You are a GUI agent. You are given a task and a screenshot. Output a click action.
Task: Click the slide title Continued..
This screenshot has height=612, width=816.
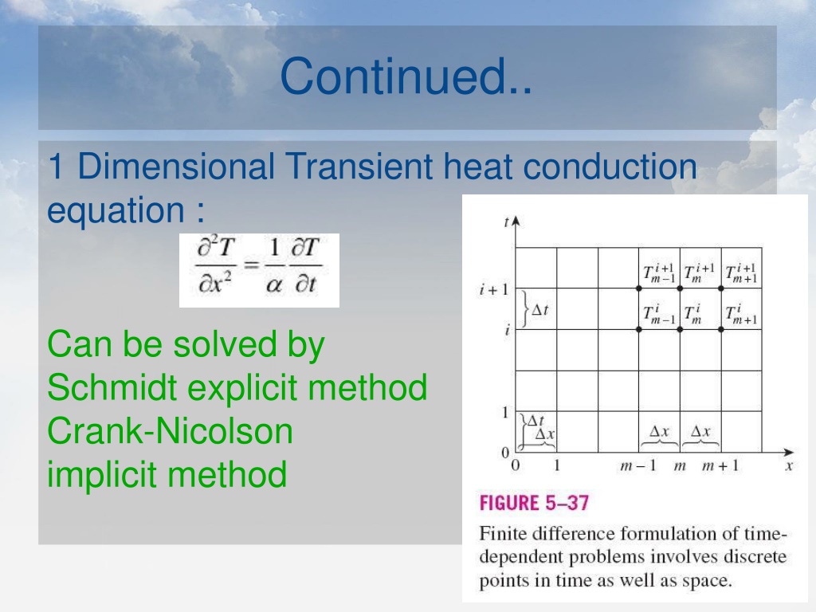(406, 76)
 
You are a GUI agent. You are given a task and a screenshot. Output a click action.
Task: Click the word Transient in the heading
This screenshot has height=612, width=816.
(359, 166)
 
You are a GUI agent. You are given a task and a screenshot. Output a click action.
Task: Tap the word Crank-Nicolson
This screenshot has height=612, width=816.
(171, 431)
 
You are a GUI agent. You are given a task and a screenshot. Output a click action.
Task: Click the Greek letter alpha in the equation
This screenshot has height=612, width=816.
(274, 285)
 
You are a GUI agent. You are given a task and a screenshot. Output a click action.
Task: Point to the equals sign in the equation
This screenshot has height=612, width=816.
(252, 265)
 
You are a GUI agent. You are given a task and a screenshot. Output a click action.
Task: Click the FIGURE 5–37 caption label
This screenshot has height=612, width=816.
(534, 503)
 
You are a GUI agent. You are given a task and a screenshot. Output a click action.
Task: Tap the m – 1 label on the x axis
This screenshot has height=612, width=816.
(638, 465)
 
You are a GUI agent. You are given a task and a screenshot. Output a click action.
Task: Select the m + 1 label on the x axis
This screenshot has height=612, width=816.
(720, 465)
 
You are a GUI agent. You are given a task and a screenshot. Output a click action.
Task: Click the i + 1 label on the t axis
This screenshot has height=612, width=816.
(494, 289)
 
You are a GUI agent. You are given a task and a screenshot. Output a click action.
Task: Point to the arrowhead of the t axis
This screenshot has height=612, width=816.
(516, 222)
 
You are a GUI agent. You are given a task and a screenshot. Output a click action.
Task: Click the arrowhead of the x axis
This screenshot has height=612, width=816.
(788, 453)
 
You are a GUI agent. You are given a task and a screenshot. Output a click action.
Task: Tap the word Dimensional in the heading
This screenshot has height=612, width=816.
(176, 166)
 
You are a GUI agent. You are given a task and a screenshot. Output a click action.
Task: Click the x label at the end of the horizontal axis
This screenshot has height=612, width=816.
(789, 465)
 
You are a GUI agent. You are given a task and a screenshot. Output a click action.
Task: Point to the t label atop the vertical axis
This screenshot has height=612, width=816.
(506, 222)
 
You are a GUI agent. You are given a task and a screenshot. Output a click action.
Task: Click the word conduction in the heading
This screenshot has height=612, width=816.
(610, 166)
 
